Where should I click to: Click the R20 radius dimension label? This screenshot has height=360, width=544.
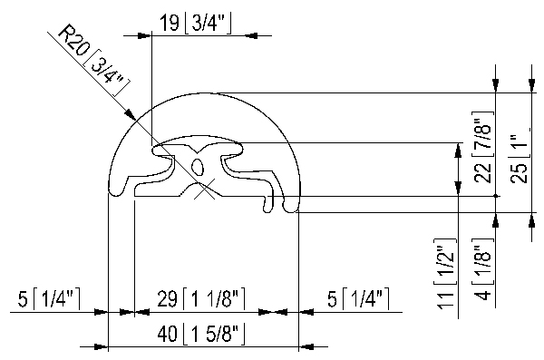[x=93, y=60]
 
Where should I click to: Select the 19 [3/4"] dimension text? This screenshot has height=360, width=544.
[x=195, y=24]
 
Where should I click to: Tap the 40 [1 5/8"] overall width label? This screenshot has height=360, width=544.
[x=201, y=335]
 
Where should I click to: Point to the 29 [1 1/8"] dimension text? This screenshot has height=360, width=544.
[x=201, y=298]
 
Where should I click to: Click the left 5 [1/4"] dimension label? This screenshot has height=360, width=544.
[x=49, y=298]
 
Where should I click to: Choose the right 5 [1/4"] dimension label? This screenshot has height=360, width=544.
[x=358, y=298]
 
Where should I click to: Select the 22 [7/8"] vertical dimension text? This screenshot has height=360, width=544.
[x=483, y=147]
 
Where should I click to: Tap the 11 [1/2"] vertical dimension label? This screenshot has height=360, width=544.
[x=445, y=274]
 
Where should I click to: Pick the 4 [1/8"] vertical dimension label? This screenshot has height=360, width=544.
[x=483, y=269]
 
